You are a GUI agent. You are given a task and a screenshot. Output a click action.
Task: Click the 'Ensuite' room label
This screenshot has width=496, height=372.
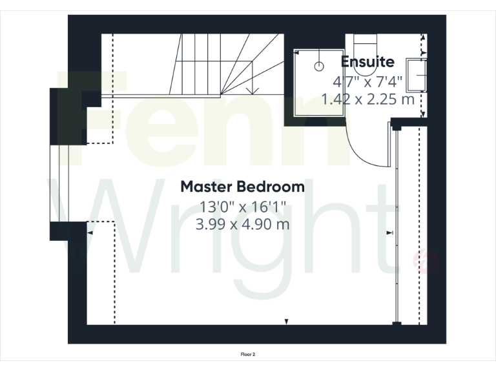tap(367, 63)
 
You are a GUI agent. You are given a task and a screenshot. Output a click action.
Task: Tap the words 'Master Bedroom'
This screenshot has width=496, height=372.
tap(242, 187)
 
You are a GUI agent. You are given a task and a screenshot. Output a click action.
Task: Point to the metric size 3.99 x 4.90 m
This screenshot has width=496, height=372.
tap(242, 225)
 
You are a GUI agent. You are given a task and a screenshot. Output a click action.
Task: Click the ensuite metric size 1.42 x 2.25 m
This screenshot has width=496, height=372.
tap(367, 99)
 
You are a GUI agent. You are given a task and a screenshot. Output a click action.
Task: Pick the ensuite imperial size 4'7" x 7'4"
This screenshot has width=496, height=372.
tap(367, 82)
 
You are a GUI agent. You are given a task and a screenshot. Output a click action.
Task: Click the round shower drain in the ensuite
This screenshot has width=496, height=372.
tap(318, 66)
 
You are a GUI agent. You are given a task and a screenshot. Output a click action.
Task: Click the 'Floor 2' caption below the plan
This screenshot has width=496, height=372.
tap(248, 354)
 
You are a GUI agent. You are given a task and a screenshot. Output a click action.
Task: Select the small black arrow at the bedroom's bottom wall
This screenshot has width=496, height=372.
tap(287, 321)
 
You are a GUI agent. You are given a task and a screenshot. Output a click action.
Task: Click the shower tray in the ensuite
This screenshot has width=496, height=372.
tap(317, 81)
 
